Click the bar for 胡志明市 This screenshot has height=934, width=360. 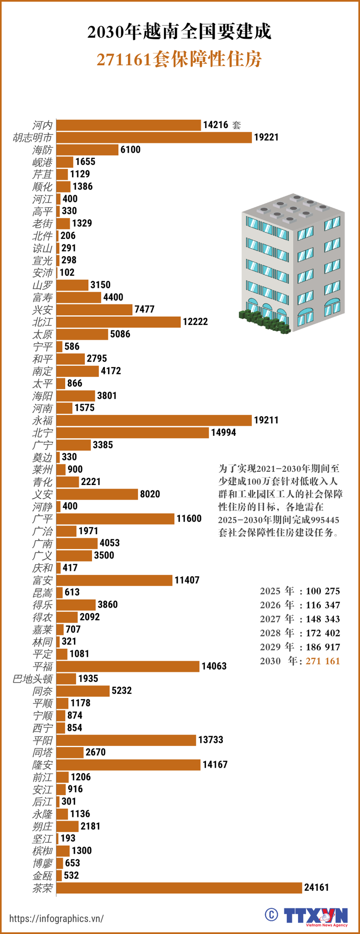(x=154, y=137)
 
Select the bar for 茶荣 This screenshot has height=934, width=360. (x=179, y=888)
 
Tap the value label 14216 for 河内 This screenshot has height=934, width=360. (x=216, y=125)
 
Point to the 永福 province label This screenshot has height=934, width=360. (x=42, y=420)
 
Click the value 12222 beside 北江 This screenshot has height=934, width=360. (x=195, y=322)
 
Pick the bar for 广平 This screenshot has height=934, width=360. (x=115, y=519)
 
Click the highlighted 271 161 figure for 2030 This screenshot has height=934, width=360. (x=323, y=661)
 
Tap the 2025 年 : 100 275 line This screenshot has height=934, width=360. (x=300, y=591)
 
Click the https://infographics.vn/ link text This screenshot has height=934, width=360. (x=57, y=918)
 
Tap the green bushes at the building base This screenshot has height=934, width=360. (x=265, y=321)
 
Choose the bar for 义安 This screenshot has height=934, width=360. (x=97, y=494)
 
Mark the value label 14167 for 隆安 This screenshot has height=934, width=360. (x=215, y=764)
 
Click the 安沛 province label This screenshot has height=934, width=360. (x=42, y=273)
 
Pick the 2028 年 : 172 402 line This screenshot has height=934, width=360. (x=300, y=633)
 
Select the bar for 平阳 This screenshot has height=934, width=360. (x=126, y=740)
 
